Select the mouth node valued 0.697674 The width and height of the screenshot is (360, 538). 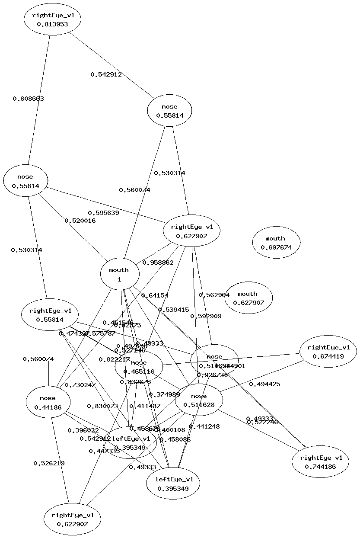276,243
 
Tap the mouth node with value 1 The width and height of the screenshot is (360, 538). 120,274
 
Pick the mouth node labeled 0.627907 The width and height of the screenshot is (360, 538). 248,298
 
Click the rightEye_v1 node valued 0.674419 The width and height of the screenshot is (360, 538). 328,352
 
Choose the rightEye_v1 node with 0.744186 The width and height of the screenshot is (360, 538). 320,462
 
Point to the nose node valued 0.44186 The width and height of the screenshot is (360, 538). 48,402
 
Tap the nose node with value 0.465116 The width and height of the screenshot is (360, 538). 139,367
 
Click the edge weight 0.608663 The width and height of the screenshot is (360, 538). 28,99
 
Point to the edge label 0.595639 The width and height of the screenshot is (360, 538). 103,213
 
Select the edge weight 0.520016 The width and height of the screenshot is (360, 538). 80,221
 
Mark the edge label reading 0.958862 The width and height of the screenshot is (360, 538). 158,263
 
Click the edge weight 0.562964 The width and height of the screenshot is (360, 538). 214,295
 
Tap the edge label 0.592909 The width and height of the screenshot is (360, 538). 206,316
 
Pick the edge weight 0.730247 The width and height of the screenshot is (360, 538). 80,385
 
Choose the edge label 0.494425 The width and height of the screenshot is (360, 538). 264,384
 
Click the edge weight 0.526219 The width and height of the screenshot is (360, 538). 49,463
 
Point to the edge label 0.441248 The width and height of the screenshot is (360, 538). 204,426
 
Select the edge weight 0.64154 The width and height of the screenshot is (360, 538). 154,295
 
